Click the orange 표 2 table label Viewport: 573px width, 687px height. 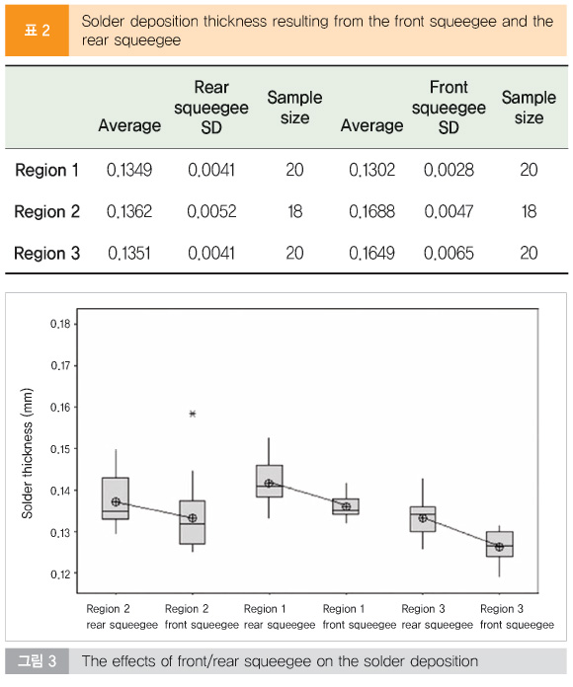coord(37,31)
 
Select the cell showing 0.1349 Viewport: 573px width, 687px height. coord(129,170)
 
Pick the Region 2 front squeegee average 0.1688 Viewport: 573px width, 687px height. coord(371,211)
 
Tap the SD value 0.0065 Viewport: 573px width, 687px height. coord(449,254)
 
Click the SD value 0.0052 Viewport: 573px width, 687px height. coord(211,211)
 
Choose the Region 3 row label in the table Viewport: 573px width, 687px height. coord(46,254)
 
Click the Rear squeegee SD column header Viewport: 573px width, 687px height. coord(211,108)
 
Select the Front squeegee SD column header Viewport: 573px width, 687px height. coord(449,108)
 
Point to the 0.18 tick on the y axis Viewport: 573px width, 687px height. coord(60,324)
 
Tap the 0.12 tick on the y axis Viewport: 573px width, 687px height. coord(60,573)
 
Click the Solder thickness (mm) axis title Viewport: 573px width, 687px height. coord(28,453)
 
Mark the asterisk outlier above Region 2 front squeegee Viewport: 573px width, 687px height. coord(193,414)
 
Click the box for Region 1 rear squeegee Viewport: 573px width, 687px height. coord(269,481)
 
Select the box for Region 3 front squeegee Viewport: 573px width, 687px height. coord(500,544)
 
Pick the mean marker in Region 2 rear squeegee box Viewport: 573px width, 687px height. coord(116,501)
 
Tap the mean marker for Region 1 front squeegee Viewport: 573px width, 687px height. coord(347,506)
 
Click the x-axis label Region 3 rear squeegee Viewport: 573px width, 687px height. coord(437,617)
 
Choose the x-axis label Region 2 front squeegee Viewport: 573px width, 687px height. coord(202,617)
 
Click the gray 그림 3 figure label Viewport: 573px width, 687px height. coord(37,660)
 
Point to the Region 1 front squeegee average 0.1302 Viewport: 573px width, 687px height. coord(371,170)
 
